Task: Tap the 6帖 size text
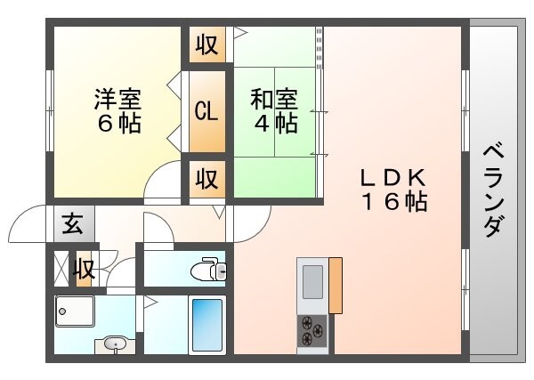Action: [118, 123]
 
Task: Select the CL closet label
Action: [206, 111]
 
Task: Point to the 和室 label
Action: [273, 97]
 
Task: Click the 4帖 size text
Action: [274, 123]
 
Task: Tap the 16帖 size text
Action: [394, 202]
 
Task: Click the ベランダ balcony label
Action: [491, 190]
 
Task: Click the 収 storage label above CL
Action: [206, 44]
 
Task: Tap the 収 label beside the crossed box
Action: [85, 268]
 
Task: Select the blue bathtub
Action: [206, 326]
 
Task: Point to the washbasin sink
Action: [114, 344]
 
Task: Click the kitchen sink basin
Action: [312, 283]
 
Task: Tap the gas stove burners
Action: [312, 330]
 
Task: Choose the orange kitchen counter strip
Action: [336, 285]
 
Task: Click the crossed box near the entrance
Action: [61, 268]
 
